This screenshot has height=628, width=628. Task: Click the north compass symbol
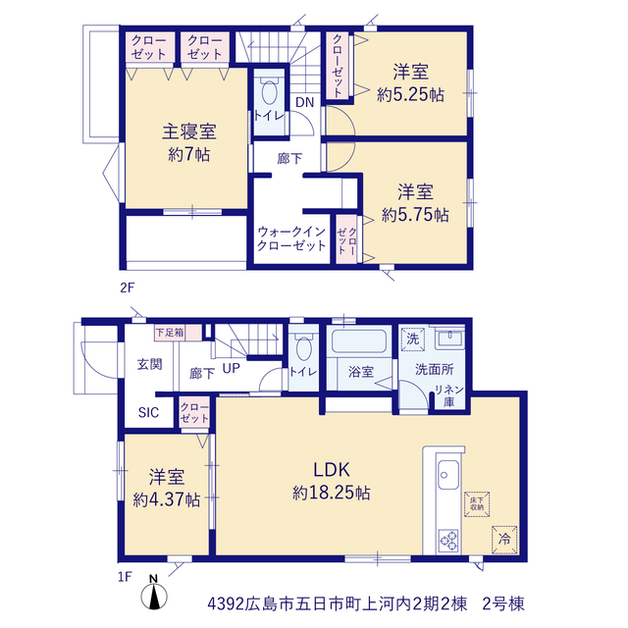154,593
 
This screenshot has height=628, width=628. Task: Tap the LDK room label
332,469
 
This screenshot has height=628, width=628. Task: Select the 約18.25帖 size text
332,493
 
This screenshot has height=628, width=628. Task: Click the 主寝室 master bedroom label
189,131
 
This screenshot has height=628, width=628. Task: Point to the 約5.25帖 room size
410,95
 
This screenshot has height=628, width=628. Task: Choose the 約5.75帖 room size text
415,215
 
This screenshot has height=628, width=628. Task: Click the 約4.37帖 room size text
167,499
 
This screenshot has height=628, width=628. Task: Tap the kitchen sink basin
448,475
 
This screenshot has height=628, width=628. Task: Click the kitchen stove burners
449,541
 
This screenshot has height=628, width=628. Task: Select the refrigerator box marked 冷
504,540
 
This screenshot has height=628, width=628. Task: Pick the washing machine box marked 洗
412,339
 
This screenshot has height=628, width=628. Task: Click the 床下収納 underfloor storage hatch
477,504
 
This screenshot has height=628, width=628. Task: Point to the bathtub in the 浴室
359,341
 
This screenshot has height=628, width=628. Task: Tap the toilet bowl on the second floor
270,92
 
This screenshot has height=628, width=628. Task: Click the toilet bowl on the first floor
304,348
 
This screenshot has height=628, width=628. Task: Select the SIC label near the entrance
148,412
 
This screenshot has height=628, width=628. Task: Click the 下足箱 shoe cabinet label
170,333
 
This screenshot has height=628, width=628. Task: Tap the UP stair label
232,368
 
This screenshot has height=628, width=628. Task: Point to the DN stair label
305,102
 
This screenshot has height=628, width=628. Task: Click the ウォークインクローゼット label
291,238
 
